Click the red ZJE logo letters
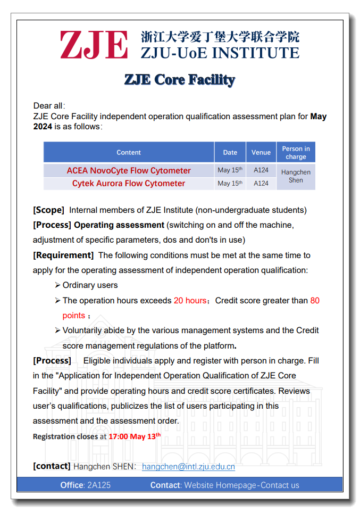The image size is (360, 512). click(x=94, y=45)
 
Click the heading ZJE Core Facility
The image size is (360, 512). click(x=180, y=80)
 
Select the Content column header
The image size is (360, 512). click(x=129, y=152)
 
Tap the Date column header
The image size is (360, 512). click(x=230, y=152)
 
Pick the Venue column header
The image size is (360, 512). click(x=261, y=152)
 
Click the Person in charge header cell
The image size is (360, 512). click(x=296, y=153)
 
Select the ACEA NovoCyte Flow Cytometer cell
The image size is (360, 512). click(x=129, y=170)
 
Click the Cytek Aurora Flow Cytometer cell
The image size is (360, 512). click(x=129, y=183)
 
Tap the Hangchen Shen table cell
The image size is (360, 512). click(x=296, y=176)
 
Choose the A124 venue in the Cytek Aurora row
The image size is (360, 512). click(x=261, y=183)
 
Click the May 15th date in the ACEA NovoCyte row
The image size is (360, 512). click(x=230, y=170)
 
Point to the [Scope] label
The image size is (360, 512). click(x=48, y=210)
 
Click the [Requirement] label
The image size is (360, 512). click(x=63, y=255)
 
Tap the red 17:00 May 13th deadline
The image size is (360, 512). click(x=134, y=436)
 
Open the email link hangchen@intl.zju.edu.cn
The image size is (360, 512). click(x=188, y=467)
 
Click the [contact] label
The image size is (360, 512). click(x=52, y=466)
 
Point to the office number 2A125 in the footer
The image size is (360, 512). click(x=98, y=485)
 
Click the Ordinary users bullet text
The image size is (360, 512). click(x=90, y=285)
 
